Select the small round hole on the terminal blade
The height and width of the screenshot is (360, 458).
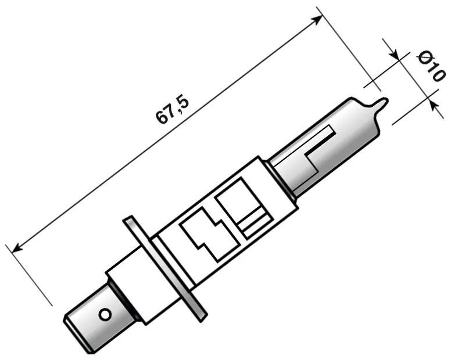pos(105,314)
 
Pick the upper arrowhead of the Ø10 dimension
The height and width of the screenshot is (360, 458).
pos(395,56)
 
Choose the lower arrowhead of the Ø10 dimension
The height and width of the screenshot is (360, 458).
pos(432,103)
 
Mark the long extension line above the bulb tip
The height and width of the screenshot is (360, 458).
pos(349,49)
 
